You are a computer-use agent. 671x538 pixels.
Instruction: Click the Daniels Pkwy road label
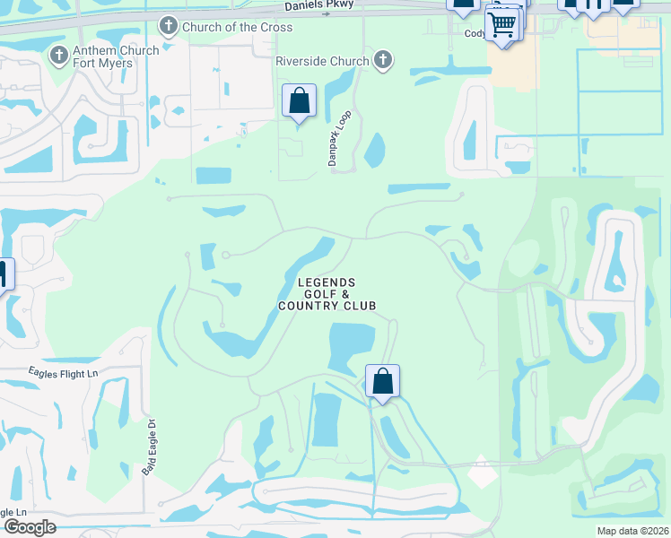click(320, 6)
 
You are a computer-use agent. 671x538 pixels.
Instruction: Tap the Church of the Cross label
click(237, 27)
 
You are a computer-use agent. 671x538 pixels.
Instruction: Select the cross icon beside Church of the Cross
click(168, 26)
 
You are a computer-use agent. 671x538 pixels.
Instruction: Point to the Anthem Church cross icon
click(59, 56)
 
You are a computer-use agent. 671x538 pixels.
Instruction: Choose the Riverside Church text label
click(323, 61)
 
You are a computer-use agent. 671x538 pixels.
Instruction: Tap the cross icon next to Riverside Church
click(383, 61)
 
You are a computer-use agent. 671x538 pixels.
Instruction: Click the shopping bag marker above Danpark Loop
click(300, 101)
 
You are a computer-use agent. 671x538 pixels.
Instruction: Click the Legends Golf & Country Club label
click(327, 294)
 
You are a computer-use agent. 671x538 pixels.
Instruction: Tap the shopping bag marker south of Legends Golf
click(382, 382)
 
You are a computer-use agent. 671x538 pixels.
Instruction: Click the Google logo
click(29, 527)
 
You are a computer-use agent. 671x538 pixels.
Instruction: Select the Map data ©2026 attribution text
click(632, 531)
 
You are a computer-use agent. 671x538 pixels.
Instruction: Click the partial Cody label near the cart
click(476, 34)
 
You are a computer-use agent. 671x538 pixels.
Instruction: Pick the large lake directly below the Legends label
click(352, 347)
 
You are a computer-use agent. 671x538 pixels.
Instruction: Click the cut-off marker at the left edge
click(4, 274)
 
